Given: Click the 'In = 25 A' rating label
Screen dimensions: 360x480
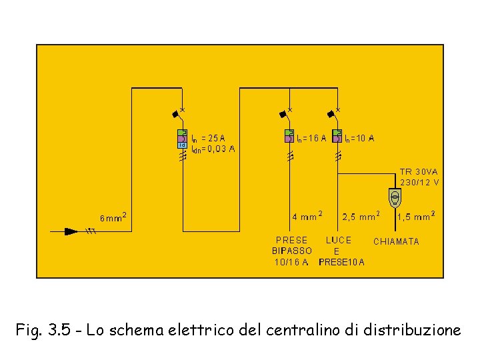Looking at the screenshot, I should click(x=208, y=139).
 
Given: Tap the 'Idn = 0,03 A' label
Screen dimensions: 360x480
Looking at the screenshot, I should click(x=213, y=149).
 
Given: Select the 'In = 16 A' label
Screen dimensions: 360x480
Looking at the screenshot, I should click(x=311, y=139).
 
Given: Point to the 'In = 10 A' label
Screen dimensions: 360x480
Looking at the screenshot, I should click(x=359, y=139).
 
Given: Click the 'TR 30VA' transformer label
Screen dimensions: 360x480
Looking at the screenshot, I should click(x=419, y=171).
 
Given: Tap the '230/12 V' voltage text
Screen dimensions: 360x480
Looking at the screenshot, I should click(x=419, y=181).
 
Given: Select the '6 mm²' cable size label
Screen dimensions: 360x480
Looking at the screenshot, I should click(x=113, y=217).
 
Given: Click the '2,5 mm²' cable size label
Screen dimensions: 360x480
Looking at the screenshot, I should click(x=361, y=216).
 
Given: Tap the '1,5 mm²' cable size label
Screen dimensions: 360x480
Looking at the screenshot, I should click(x=416, y=216).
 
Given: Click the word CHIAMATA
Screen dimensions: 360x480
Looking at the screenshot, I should click(x=396, y=241).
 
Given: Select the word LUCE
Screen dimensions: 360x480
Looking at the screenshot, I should click(x=339, y=240).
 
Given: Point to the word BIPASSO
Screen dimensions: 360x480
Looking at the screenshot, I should click(x=292, y=251).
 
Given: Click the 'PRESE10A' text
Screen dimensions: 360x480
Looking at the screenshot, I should click(x=342, y=262).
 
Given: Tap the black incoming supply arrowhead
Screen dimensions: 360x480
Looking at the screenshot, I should click(x=71, y=231).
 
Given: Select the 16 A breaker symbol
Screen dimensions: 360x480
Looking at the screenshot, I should click(x=289, y=135).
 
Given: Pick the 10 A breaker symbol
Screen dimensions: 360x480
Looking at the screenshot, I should click(x=337, y=135).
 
